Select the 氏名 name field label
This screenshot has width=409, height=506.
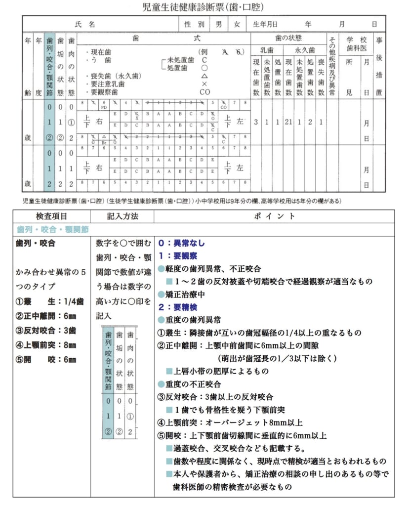pyautogui.click(x=84, y=24)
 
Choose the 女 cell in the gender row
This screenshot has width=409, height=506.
pyautogui.click(x=237, y=24)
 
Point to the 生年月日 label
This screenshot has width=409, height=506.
pyautogui.click(x=265, y=24)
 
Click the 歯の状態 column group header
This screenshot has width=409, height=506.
pyautogui.click(x=288, y=38)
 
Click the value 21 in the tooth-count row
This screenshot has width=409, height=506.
pyautogui.click(x=288, y=122)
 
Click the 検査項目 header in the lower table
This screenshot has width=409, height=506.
pyautogui.click(x=52, y=216)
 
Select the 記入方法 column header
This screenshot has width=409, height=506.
pyautogui.click(x=122, y=216)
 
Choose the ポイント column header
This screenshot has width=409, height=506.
pyautogui.click(x=274, y=216)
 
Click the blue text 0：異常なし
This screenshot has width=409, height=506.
pyautogui.click(x=181, y=243)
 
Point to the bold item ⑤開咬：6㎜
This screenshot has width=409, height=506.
pyautogui.click(x=46, y=359)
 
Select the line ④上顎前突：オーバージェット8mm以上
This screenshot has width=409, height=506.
pyautogui.click(x=229, y=422)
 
